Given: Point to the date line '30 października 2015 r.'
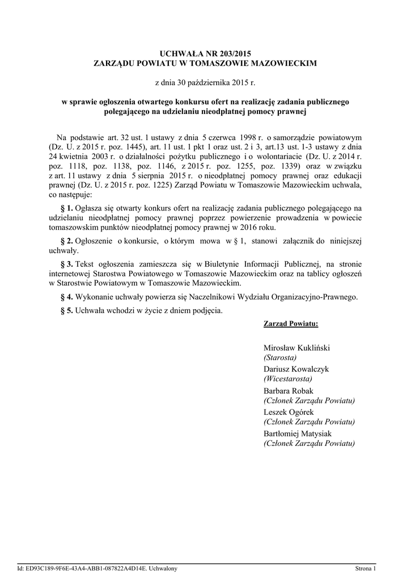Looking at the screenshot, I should [x=205, y=83].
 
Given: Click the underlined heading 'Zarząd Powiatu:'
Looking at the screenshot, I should [x=291, y=324].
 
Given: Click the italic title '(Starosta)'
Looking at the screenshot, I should [x=280, y=358].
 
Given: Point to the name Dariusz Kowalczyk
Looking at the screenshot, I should [x=296, y=369].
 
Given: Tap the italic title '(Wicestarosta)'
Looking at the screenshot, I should [x=287, y=379].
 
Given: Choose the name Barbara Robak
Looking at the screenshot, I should [x=288, y=391].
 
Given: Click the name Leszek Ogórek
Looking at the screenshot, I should [x=289, y=412].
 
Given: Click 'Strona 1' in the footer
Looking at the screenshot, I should [x=366, y=568].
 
